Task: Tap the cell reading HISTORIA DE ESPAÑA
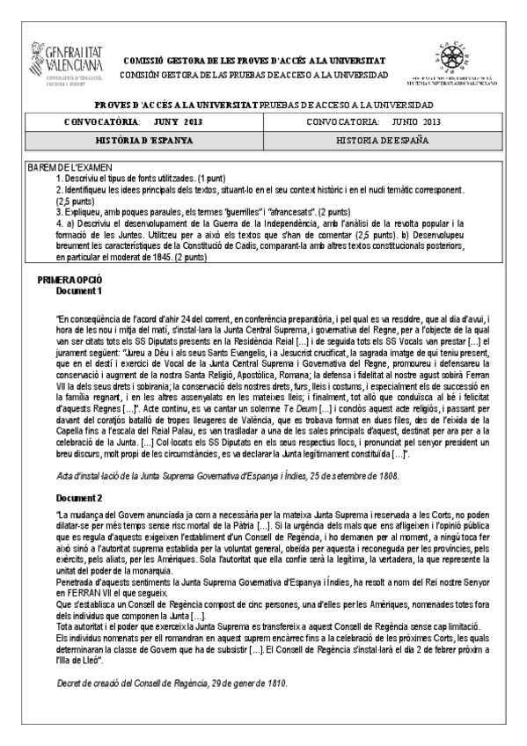tap(382, 140)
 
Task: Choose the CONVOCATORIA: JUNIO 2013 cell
tap(382, 122)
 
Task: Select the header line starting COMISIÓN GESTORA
tap(263, 71)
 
